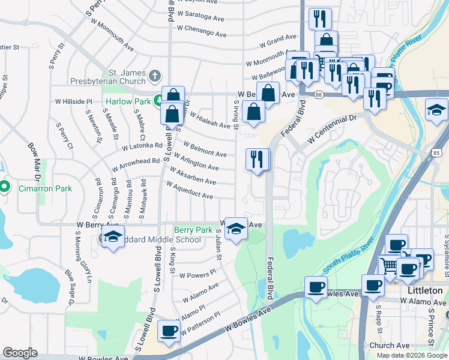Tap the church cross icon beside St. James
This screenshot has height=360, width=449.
pos(155,76)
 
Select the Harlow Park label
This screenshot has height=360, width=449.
pos(128,101)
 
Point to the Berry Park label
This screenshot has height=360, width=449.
pos(193,230)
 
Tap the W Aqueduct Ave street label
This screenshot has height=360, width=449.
pos(190,191)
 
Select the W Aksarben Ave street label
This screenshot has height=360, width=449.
pos(193,176)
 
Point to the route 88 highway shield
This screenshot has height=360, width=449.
pos(318,95)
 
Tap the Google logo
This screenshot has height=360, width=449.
pos(20,353)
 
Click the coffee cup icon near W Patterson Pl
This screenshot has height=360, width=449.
pos(169,330)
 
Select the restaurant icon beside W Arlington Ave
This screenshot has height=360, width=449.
pos(258,160)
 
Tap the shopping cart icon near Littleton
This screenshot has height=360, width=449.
pos(390,265)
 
